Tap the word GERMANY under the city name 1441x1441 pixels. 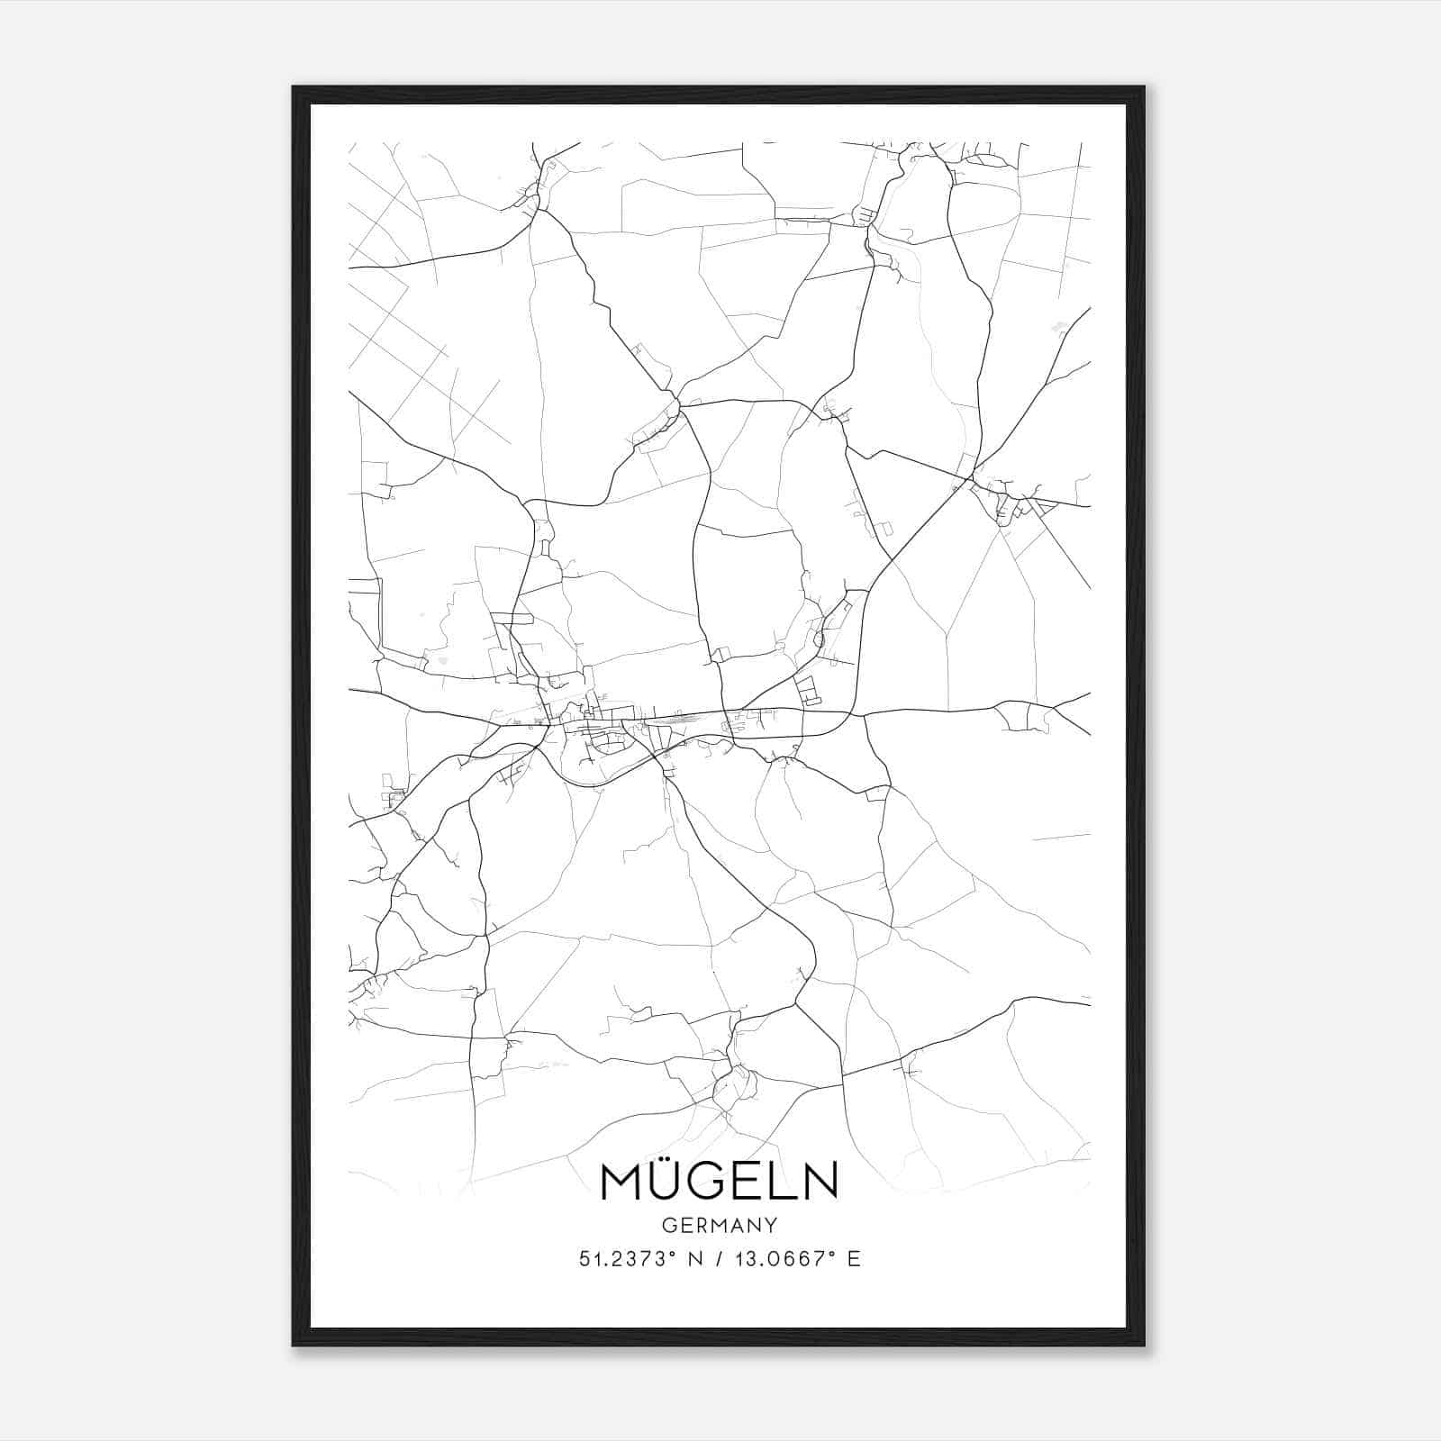tap(719, 1225)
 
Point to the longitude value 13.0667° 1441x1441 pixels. tap(782, 1259)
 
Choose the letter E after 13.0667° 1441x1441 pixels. tap(854, 1259)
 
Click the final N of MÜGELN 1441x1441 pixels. tap(820, 1180)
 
